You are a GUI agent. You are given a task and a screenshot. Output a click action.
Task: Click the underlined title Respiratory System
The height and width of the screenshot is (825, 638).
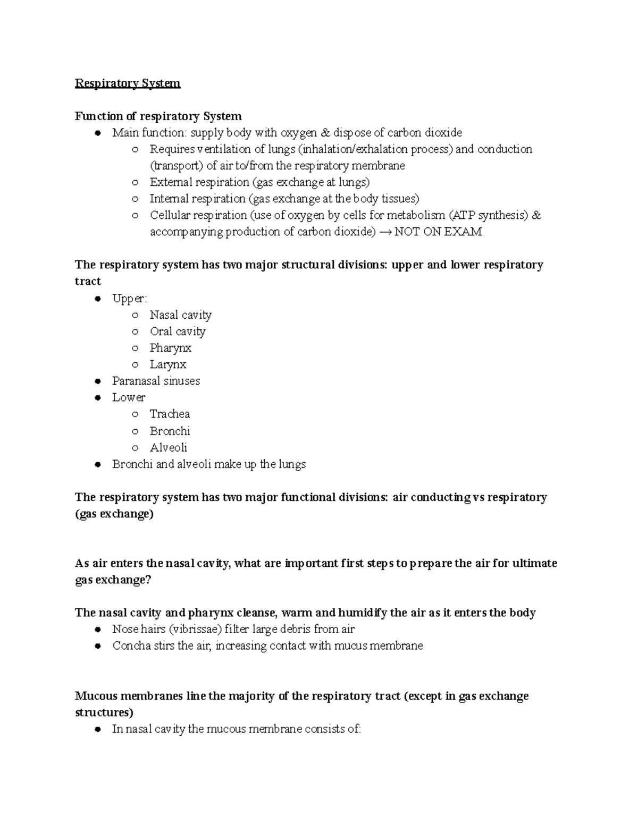point(128,83)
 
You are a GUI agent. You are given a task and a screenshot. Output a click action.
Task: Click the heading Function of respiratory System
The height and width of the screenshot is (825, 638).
point(158,116)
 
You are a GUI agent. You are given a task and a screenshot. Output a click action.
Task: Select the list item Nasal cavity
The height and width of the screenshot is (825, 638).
point(180,315)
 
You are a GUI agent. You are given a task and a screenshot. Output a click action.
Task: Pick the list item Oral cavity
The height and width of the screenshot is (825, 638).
point(178,331)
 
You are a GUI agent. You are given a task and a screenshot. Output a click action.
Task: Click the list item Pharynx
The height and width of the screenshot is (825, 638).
point(170,348)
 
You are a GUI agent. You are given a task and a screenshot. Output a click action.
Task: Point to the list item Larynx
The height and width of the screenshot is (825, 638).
point(168,364)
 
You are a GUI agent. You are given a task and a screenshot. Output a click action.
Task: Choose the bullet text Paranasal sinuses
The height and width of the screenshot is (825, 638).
point(156,381)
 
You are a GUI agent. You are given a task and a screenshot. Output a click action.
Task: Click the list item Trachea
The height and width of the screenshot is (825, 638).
point(170,414)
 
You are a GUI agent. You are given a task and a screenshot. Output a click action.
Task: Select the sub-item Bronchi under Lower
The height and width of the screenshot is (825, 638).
point(170,431)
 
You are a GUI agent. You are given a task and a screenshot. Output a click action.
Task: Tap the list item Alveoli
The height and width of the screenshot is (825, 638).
point(169,447)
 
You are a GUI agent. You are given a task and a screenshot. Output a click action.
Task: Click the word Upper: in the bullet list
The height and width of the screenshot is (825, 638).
point(130,299)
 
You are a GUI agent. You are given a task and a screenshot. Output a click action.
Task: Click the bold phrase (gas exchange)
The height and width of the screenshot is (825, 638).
point(114,514)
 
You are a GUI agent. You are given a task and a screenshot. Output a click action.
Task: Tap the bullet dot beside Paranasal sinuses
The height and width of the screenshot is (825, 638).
point(98,381)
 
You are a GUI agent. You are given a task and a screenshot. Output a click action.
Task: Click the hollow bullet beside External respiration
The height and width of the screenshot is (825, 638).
point(136,183)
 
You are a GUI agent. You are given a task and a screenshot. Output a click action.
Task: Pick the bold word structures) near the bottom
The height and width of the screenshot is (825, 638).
point(104,712)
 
